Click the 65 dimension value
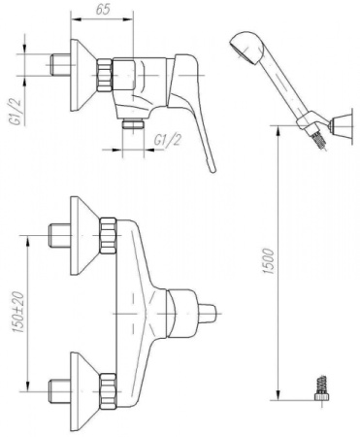tap(103, 10)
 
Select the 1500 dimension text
tap(269, 261)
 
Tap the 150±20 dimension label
tap(18, 313)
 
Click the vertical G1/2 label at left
tap(16, 112)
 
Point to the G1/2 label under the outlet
tap(167, 140)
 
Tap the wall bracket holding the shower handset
tap(339, 125)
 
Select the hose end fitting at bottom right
tap(320, 388)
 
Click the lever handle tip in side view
tap(212, 168)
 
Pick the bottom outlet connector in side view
tap(133, 124)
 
